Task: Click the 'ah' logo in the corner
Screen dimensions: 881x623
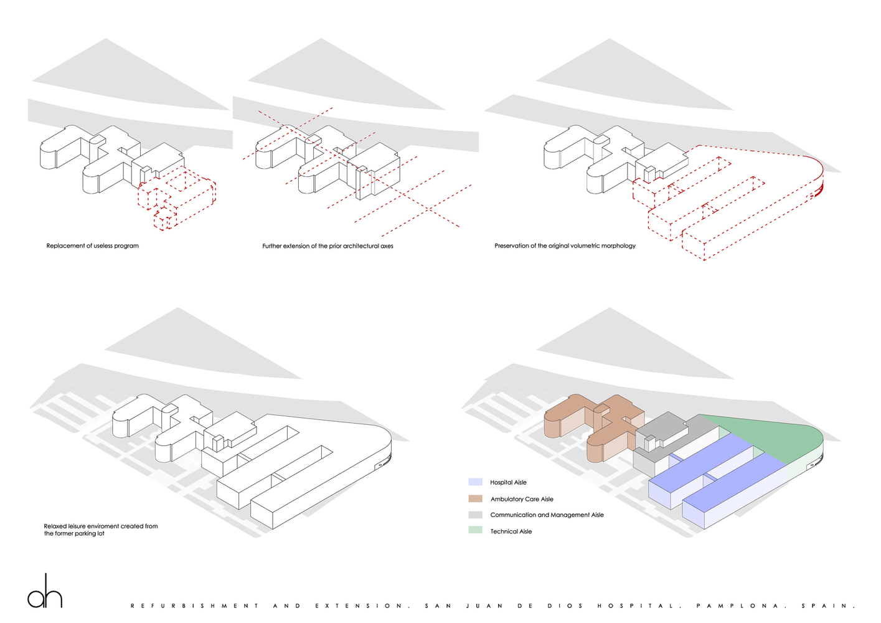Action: click(x=45, y=591)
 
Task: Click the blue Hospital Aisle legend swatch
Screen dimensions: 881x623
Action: click(x=475, y=482)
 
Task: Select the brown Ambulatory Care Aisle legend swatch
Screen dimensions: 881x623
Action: click(x=475, y=498)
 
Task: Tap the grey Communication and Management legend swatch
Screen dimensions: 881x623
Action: click(x=475, y=515)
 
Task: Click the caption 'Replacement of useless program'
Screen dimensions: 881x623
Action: click(x=92, y=246)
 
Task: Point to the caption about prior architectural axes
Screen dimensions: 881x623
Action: click(x=327, y=246)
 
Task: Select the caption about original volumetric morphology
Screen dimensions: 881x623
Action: click(x=565, y=246)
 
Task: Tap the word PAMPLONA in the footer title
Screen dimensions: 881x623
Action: click(x=738, y=606)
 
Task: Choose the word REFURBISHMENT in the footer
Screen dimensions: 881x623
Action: click(x=195, y=606)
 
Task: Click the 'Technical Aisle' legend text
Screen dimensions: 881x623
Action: click(x=511, y=531)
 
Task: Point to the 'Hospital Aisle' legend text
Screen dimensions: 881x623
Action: click(x=508, y=482)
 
